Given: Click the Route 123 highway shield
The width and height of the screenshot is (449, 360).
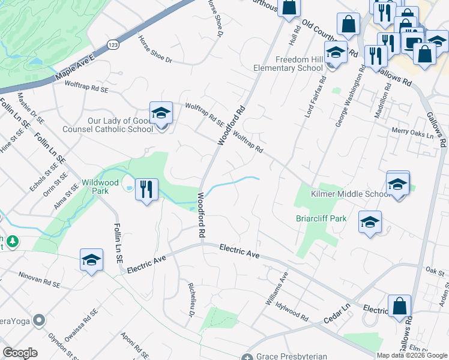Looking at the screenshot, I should click(112, 44).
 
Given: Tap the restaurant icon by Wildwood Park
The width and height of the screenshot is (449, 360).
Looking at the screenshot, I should click(146, 190).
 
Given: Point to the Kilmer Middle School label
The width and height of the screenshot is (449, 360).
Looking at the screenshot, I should click(351, 194).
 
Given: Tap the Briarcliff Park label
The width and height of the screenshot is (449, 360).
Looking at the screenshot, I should click(321, 218).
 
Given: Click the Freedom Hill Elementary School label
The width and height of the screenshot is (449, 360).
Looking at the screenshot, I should click(299, 64).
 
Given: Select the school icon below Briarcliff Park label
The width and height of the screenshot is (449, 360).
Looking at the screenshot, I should click(370, 222).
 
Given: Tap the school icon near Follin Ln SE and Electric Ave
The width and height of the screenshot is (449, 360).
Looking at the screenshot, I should click(91, 260).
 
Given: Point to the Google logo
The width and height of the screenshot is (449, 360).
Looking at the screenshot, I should click(20, 352).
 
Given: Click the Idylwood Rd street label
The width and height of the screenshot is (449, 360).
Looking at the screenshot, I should click(292, 311).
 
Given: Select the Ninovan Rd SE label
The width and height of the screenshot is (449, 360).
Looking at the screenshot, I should click(40, 279).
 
